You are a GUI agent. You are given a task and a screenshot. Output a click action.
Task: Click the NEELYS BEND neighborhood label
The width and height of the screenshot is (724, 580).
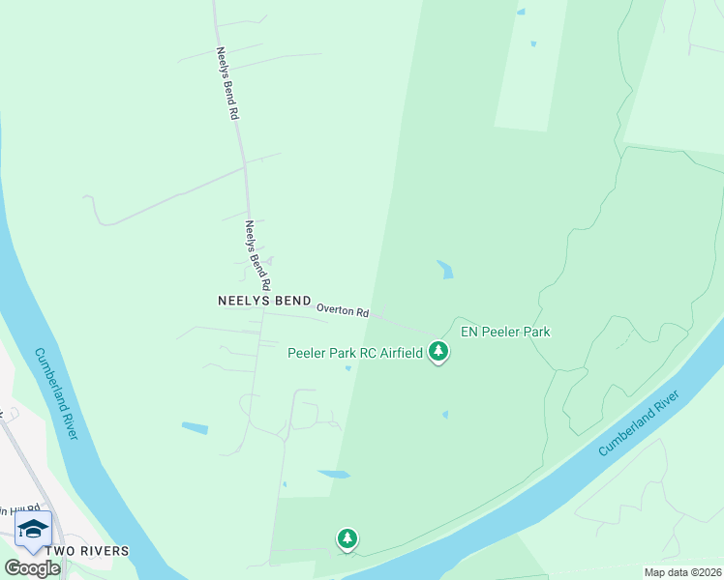coord(263,301)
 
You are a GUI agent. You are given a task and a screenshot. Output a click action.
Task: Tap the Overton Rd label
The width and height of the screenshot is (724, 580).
coord(344,312)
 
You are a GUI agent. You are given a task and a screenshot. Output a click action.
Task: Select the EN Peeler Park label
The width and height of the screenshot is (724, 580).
coord(505,332)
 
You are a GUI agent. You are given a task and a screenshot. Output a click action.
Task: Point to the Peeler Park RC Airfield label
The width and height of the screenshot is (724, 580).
coord(355,353)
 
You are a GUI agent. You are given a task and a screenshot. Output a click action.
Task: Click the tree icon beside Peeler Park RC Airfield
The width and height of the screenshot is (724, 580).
coord(439,351)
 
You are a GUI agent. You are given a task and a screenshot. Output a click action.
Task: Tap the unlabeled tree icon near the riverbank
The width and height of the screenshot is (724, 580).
coord(347,537)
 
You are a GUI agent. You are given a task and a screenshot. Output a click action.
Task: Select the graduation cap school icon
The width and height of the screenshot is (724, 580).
coord(33,528)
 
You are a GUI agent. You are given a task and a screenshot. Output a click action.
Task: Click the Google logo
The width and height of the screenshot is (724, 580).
coord(32,568)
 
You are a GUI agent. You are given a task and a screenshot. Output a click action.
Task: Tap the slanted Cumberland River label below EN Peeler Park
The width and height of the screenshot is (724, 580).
coord(641,423)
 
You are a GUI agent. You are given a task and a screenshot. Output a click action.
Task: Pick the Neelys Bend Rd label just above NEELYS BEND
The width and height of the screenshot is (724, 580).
coord(256,256)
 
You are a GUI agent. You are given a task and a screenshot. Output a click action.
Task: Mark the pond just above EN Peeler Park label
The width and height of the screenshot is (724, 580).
coord(445,270)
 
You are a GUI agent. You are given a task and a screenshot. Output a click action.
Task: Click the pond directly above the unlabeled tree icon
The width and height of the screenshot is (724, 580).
coord(334,474)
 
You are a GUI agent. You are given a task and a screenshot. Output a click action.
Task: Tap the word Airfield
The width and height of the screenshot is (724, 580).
coord(400,353)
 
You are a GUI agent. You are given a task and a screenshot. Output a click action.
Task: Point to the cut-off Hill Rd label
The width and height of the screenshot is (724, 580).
coord(10,511)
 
